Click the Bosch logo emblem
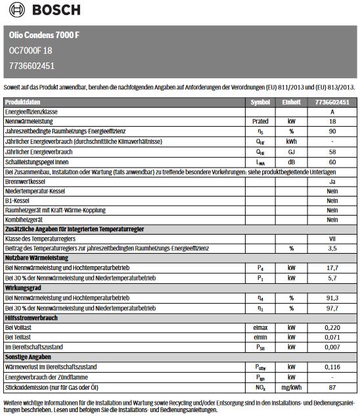[x=14, y=10]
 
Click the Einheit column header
[x=292, y=103]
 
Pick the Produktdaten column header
[x=23, y=103]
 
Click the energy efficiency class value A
[x=332, y=112]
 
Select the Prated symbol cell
[x=259, y=122]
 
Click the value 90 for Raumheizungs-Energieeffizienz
[x=332, y=131]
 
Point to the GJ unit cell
[x=292, y=151]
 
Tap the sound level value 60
[x=332, y=161]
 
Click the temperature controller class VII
[x=332, y=239]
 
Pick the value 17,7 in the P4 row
[x=332, y=267]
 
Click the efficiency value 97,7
[x=332, y=307]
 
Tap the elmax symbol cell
[x=259, y=327]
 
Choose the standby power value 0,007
[x=332, y=346]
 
